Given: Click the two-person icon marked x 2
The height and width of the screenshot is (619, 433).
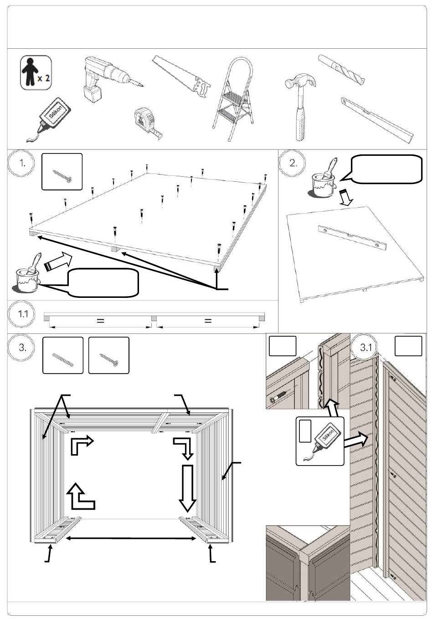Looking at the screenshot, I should pos(36,73).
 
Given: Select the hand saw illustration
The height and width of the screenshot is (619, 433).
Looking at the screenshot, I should pos(182,77).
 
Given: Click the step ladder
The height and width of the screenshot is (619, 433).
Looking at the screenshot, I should pos(233,96).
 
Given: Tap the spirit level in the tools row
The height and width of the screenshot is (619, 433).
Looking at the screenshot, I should pos(377,118).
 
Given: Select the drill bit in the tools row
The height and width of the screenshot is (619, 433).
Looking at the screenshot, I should pos(342,70).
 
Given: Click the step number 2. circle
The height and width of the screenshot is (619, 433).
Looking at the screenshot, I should pos(294,164).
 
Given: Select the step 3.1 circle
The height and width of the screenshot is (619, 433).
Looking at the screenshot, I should pos(366,348).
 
